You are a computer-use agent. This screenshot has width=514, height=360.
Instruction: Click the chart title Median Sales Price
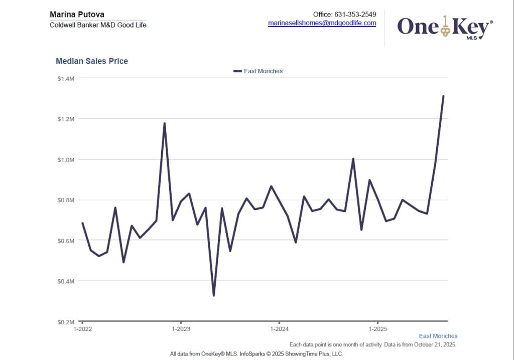tap(92, 61)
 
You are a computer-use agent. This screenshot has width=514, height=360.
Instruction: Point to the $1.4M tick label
tap(66, 78)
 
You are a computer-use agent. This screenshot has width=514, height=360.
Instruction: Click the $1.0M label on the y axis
tap(66, 160)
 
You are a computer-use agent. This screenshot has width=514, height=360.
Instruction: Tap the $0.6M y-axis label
tap(66, 241)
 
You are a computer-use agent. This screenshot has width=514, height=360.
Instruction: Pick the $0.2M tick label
tap(66, 321)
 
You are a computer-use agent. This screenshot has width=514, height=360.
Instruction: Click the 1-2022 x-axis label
tap(82, 329)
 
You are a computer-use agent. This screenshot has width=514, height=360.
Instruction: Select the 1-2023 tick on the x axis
tap(181, 329)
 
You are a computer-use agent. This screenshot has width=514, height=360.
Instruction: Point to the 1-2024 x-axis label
tap(279, 329)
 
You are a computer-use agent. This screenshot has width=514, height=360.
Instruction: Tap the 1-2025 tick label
tap(377, 329)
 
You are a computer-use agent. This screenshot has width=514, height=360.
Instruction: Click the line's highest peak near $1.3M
tap(443, 96)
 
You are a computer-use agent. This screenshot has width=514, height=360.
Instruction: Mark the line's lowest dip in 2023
tap(214, 295)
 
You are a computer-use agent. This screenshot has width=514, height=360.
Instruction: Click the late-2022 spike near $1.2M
tap(164, 123)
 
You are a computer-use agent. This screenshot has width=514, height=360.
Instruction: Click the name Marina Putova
tap(77, 15)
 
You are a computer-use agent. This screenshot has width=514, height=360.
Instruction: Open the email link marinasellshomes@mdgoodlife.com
tap(322, 23)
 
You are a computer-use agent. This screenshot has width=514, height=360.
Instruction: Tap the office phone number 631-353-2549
tap(355, 15)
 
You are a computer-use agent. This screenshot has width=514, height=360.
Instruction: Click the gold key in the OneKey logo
tap(445, 26)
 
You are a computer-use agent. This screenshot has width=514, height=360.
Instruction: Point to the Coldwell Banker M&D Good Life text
tap(98, 25)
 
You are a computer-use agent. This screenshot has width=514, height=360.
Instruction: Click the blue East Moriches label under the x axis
tap(438, 336)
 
